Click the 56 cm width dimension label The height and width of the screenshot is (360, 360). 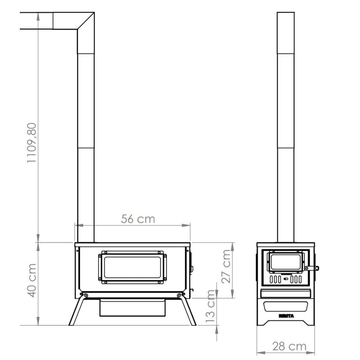point(138,219)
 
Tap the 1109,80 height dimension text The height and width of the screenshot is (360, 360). point(31,143)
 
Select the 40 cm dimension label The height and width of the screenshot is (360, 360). point(31,280)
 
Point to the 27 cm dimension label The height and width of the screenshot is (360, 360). point(226,266)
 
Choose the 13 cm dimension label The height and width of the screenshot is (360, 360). point(210,306)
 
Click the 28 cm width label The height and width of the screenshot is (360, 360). point(289,346)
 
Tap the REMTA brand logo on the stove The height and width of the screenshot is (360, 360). point(286,316)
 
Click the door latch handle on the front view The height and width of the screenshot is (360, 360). point(312,268)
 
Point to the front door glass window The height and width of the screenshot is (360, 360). point(286,262)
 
